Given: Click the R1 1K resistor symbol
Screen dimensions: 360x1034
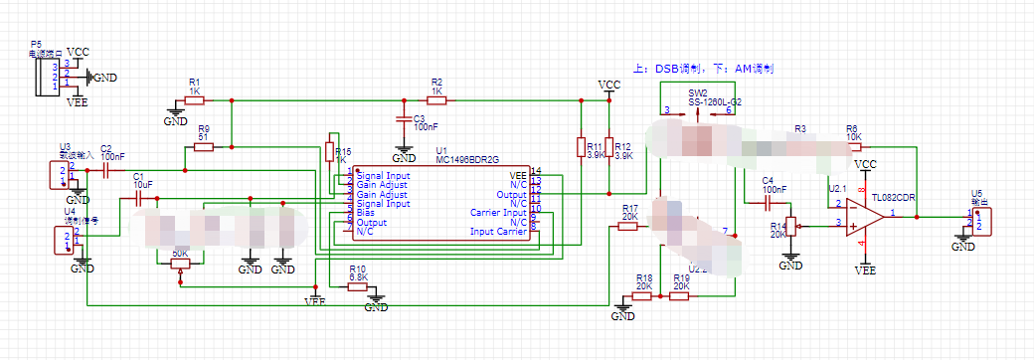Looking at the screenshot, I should click(x=195, y=100).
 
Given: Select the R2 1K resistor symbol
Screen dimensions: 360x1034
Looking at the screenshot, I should click(x=435, y=100).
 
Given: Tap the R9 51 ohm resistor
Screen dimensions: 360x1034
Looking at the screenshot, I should click(x=204, y=147).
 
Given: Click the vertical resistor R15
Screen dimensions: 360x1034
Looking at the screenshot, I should click(x=329, y=151).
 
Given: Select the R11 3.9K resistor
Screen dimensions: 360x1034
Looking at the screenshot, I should click(x=581, y=147).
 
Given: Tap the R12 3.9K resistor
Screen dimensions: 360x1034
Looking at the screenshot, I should click(x=608, y=147).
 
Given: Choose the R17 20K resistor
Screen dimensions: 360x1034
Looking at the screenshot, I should click(x=628, y=226).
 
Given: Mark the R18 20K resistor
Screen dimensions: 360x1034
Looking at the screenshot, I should click(x=644, y=295).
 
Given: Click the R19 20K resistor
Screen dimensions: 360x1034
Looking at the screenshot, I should click(x=680, y=295).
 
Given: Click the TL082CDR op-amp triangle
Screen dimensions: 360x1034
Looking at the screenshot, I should click(x=866, y=215).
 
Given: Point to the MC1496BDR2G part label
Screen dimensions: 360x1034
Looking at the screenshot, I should click(x=466, y=159).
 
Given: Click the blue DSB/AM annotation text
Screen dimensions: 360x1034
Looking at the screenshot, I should click(x=703, y=69).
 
